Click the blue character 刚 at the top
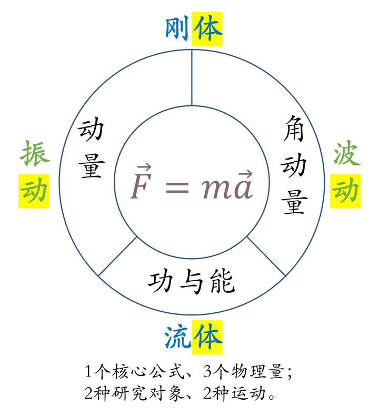177,28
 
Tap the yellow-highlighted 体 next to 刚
207,28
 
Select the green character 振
35,154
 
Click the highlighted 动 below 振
34,191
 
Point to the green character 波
346,155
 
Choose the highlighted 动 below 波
345,191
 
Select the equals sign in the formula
177,187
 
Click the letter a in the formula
243,190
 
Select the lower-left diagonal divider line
118,256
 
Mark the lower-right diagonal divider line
266,256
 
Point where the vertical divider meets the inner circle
192,105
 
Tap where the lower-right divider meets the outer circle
285,275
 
